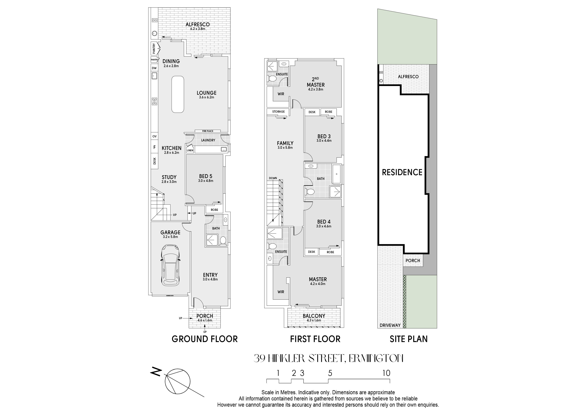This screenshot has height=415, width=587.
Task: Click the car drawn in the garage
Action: [170, 265]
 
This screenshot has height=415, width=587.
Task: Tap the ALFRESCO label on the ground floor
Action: [198, 25]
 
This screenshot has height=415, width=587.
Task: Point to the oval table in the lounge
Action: [178, 94]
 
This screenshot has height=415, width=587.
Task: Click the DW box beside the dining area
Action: [154, 68]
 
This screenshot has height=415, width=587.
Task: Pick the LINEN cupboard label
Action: [190, 150]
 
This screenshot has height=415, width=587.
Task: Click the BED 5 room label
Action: [205, 176]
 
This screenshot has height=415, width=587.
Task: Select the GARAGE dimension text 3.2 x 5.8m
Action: [170, 237]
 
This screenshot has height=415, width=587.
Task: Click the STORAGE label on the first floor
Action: [278, 111]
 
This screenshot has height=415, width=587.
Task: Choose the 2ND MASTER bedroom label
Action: [316, 82]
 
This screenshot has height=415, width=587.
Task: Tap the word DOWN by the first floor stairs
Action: [273, 178]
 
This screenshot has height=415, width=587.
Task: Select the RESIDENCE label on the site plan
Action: [402, 172]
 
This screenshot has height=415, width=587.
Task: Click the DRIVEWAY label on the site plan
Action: [390, 325]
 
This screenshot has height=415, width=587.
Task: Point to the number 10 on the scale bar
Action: [386, 373]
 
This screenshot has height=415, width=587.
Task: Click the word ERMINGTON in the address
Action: [376, 358]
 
